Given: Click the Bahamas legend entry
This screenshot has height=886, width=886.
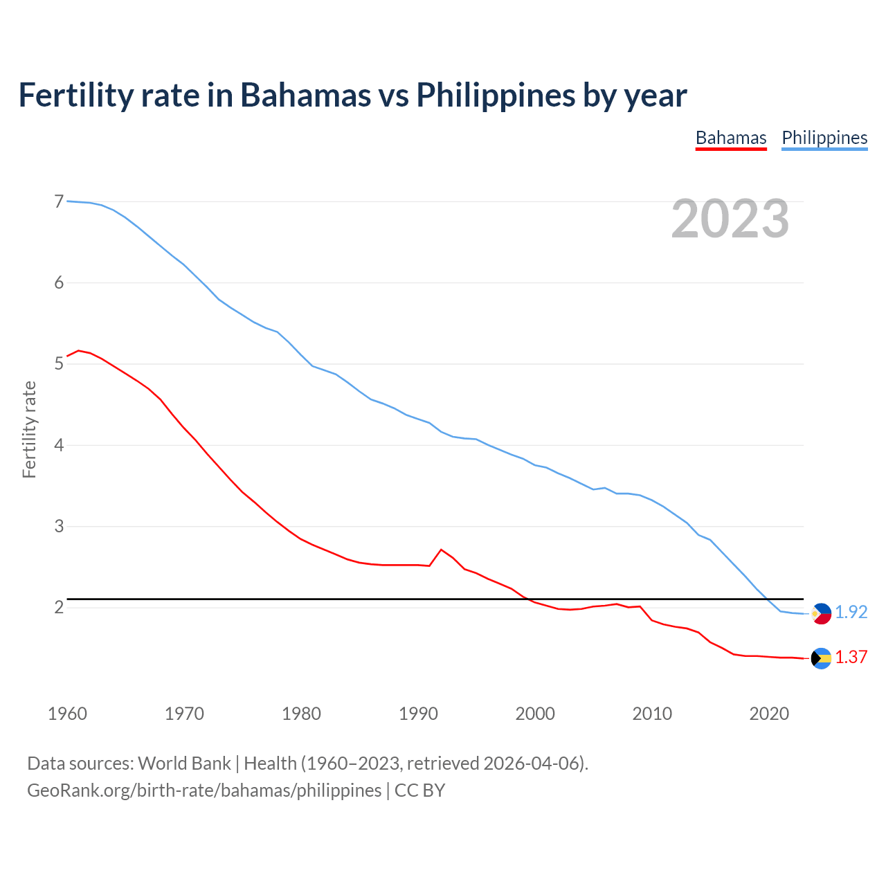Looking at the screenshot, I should click(x=731, y=138).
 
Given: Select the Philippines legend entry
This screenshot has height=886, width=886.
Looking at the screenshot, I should click(x=824, y=138).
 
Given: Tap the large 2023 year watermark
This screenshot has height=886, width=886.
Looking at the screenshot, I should click(x=730, y=219).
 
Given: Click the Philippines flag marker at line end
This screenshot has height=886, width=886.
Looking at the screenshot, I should click(x=821, y=613).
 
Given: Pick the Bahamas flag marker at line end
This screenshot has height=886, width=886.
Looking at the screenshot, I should click(x=821, y=658).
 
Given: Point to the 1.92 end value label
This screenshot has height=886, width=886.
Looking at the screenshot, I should click(x=851, y=613).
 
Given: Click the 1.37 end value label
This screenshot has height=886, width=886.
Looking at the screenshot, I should click(x=851, y=658).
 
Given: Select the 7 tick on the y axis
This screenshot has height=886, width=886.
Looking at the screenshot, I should click(x=59, y=202).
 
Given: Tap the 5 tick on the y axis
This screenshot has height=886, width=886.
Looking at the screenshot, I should click(x=59, y=364).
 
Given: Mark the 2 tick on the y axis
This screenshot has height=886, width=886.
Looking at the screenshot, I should click(x=59, y=608).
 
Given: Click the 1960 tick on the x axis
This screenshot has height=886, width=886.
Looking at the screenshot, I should click(x=67, y=714).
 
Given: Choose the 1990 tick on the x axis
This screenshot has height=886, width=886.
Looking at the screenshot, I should click(x=418, y=714).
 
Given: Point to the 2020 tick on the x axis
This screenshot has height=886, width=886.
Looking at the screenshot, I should click(x=769, y=714).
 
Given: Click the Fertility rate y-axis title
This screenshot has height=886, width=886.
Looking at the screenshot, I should click(x=29, y=429).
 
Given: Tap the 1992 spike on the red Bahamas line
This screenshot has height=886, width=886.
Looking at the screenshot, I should click(x=441, y=550).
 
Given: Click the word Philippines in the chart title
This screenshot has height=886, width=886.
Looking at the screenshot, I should click(x=496, y=95).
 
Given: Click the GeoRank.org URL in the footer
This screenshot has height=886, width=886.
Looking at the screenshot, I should click(x=204, y=790).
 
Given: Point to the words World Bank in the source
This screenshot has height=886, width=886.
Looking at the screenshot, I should click(x=184, y=763).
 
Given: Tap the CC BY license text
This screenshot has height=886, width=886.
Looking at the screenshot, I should click(x=419, y=790).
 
